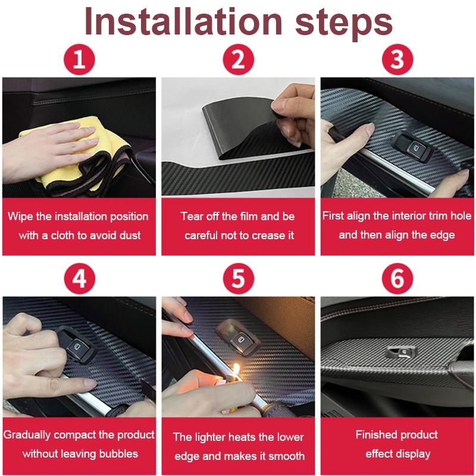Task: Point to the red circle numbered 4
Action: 79,278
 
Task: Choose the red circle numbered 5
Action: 238,278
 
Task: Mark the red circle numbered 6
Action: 397,278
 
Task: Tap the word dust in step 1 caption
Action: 129,235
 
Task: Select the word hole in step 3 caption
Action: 461,216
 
